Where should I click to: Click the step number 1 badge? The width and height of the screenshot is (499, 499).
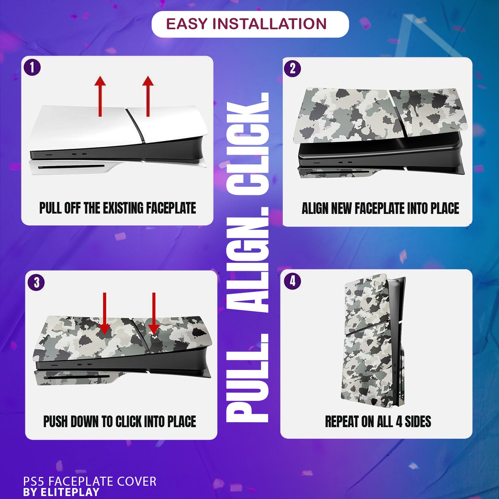click(x=32, y=68)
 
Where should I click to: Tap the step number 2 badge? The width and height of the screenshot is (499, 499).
click(x=292, y=69)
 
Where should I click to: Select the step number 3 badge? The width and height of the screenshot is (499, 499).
click(x=36, y=282)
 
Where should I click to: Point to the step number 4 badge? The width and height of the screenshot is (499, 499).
click(x=292, y=281)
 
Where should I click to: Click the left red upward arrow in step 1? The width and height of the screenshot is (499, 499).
click(x=100, y=96)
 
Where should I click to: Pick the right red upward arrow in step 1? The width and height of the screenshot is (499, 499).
click(x=148, y=96)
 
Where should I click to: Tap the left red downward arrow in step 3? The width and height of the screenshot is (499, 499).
click(x=104, y=313)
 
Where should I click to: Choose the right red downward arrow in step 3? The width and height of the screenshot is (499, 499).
click(x=154, y=313)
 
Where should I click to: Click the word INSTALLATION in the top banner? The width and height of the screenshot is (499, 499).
click(x=269, y=24)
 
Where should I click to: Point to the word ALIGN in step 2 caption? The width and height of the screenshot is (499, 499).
click(x=315, y=209)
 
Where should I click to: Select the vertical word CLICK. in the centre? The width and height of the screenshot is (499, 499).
click(x=248, y=144)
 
